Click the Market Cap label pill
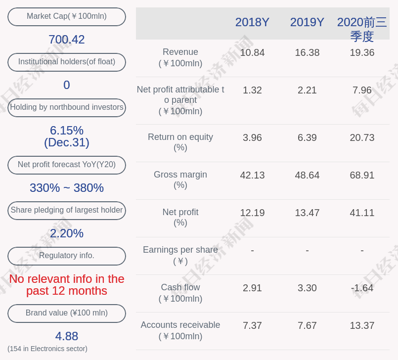[67, 16]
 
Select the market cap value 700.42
[67, 40]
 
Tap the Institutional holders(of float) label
[67, 62]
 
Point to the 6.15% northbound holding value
[67, 131]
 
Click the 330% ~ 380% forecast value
[67, 188]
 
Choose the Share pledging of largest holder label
[67, 210]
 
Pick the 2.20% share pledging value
[67, 233]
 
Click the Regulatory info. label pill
[67, 256]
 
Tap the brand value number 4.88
[67, 336]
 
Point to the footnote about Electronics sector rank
[47, 349]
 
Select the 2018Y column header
[252, 22]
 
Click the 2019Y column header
[307, 22]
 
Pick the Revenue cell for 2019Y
[307, 53]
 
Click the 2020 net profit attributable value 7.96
[362, 90]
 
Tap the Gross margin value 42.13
[252, 176]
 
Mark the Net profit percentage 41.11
[362, 213]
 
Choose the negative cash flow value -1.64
[362, 288]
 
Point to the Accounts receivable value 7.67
[307, 326]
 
